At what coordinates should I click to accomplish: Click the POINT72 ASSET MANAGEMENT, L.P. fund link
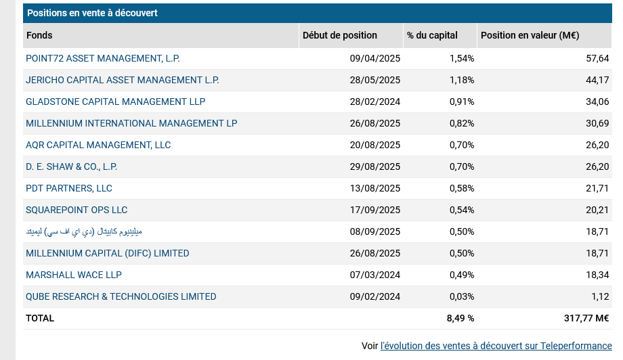(x=103, y=59)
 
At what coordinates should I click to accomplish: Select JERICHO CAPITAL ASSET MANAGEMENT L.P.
(x=123, y=81)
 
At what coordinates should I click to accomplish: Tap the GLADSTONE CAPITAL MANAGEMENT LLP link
(x=115, y=102)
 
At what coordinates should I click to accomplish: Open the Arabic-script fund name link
(x=84, y=232)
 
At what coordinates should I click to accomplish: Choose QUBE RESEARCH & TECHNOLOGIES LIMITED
(x=121, y=297)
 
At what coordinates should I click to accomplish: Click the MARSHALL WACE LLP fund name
(x=74, y=275)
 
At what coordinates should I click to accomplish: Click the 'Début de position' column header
(x=340, y=36)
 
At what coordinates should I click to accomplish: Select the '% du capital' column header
(x=432, y=36)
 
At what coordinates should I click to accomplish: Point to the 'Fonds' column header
(x=39, y=36)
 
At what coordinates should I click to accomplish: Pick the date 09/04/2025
(x=375, y=59)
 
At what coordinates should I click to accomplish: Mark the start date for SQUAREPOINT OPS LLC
(x=375, y=210)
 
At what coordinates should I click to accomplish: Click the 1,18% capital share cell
(x=462, y=81)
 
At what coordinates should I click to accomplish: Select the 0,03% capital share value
(x=462, y=297)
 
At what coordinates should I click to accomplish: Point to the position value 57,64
(x=597, y=59)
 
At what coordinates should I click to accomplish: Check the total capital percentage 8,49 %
(x=460, y=319)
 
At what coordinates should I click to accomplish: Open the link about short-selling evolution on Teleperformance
(x=496, y=346)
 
